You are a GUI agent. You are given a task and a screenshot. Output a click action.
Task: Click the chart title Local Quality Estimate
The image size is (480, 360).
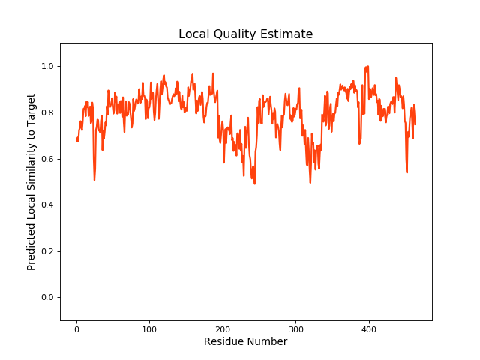pyautogui.click(x=245, y=34)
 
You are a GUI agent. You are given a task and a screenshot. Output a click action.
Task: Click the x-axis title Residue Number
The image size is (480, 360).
pyautogui.click(x=245, y=342)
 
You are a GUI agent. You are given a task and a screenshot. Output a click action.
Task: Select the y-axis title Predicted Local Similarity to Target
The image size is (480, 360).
pyautogui.click(x=31, y=182)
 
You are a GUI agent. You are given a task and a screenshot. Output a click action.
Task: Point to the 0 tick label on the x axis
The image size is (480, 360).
pyautogui.click(x=76, y=328)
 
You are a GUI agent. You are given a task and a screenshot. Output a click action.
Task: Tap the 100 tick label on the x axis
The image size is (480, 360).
pyautogui.click(x=149, y=328)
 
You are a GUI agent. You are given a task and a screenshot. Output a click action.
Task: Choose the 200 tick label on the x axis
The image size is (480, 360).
pyautogui.click(x=223, y=328)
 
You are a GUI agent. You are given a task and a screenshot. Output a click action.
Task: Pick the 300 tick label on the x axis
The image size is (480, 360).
pyautogui.click(x=295, y=328)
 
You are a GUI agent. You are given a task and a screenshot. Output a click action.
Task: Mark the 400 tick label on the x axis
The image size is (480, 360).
pyautogui.click(x=369, y=328)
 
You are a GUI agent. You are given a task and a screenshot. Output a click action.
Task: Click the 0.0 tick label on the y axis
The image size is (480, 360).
pyautogui.click(x=46, y=298)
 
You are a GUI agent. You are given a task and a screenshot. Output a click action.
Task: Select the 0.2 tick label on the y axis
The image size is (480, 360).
pyautogui.click(x=46, y=251)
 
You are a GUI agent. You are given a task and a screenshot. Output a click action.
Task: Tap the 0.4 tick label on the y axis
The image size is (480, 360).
pyautogui.click(x=46, y=205)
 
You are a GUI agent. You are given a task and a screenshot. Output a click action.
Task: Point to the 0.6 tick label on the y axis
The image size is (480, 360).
pyautogui.click(x=46, y=159)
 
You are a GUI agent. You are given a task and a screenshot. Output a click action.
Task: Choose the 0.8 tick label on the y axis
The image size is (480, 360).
pyautogui.click(x=46, y=113)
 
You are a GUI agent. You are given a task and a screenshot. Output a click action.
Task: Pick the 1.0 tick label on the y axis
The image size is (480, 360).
pyautogui.click(x=46, y=67)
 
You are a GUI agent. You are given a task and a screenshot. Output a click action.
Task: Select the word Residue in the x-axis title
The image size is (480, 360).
pyautogui.click(x=223, y=342)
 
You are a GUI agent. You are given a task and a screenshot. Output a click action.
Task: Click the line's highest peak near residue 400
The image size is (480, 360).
pyautogui.click(x=367, y=66)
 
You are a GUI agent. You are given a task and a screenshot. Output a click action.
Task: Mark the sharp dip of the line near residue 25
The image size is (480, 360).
pyautogui.click(x=94, y=180)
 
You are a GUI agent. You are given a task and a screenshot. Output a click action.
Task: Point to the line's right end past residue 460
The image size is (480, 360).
pyautogui.click(x=415, y=124)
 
